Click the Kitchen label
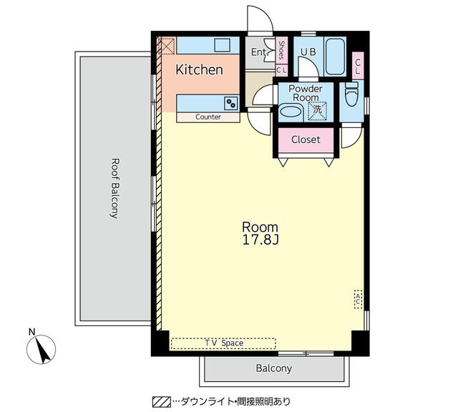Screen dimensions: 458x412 click(x=199, y=70)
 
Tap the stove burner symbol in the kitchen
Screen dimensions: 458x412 click(x=231, y=104)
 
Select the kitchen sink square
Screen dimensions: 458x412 click(x=223, y=45)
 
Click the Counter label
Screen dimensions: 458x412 click(x=208, y=117)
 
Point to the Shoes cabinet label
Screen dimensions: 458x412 click(x=281, y=50)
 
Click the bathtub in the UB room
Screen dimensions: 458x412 click(x=335, y=57)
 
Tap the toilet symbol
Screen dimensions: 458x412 click(x=351, y=94)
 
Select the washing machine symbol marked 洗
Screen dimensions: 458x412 click(x=318, y=111)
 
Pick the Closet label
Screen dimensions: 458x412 click(x=306, y=139)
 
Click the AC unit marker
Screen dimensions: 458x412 click(x=358, y=299)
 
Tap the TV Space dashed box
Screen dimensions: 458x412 click(x=223, y=343)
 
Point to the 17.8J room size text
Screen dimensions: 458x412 click(x=260, y=240)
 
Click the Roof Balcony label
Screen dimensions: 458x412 click(x=115, y=188)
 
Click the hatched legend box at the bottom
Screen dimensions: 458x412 click(x=162, y=402)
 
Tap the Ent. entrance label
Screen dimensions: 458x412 click(x=259, y=52)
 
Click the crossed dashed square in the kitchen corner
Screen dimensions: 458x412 click(x=166, y=46)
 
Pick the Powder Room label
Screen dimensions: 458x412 click(x=306, y=93)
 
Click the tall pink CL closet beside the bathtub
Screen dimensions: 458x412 click(x=358, y=66)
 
